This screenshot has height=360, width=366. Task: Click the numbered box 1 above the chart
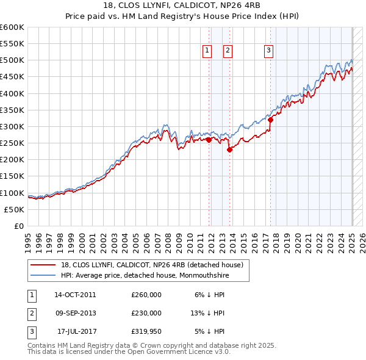[207, 51]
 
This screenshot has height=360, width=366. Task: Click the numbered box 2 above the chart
[228, 51]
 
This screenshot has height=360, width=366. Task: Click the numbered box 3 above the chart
[269, 51]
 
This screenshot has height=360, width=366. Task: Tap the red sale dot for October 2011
[209, 140]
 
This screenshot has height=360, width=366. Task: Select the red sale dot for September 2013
[229, 149]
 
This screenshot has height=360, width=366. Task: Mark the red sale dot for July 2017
[271, 120]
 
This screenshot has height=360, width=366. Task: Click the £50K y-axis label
[14, 209]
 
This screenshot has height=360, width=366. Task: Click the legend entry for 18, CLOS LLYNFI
[152, 265]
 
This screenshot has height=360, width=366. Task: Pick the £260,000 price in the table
[146, 294]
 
